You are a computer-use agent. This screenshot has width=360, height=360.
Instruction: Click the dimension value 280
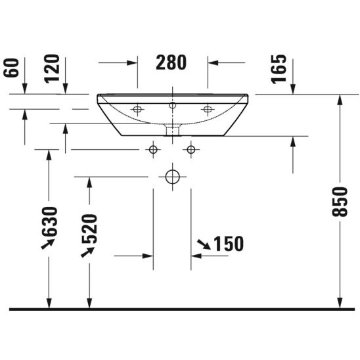[x=171, y=62]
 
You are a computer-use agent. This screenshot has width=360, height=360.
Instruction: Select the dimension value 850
[x=340, y=202]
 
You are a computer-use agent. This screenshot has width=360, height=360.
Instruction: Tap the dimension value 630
[x=49, y=221]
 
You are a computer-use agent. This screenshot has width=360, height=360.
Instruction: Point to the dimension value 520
[x=90, y=229]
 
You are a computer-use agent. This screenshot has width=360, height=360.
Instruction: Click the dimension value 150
[x=229, y=244]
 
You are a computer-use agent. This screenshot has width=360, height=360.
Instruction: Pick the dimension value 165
[x=279, y=69]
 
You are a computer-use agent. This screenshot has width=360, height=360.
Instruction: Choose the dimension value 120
[x=52, y=68]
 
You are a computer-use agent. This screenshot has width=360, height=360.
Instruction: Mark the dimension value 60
[x=11, y=68]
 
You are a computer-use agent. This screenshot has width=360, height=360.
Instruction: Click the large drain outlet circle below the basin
[x=172, y=177]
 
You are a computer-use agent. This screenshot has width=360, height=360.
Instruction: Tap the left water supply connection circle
[x=153, y=150]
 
